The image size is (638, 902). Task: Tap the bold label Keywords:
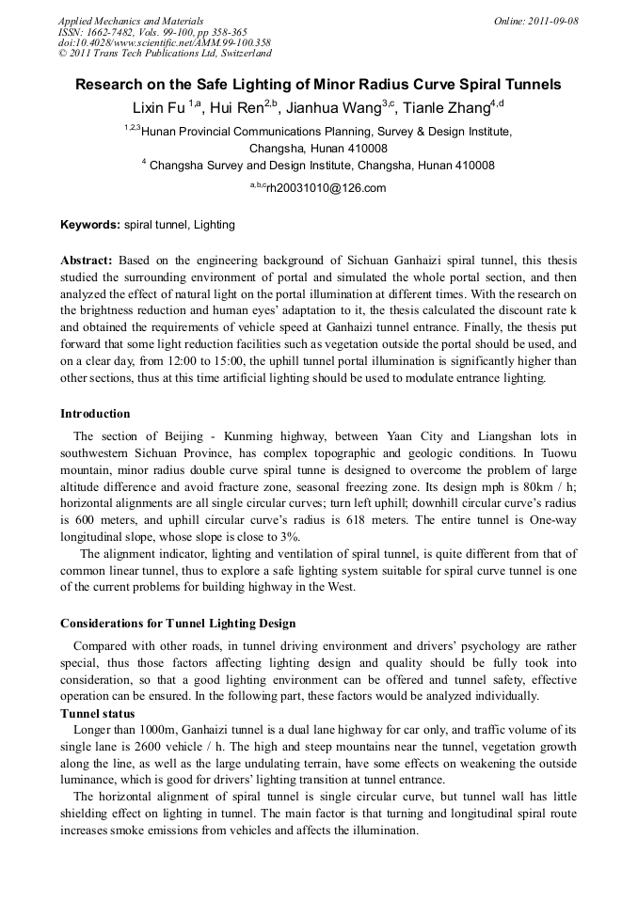90,226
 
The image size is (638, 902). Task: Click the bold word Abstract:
87,260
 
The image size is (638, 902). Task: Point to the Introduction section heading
95,414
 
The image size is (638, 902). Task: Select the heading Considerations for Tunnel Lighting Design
178,624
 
